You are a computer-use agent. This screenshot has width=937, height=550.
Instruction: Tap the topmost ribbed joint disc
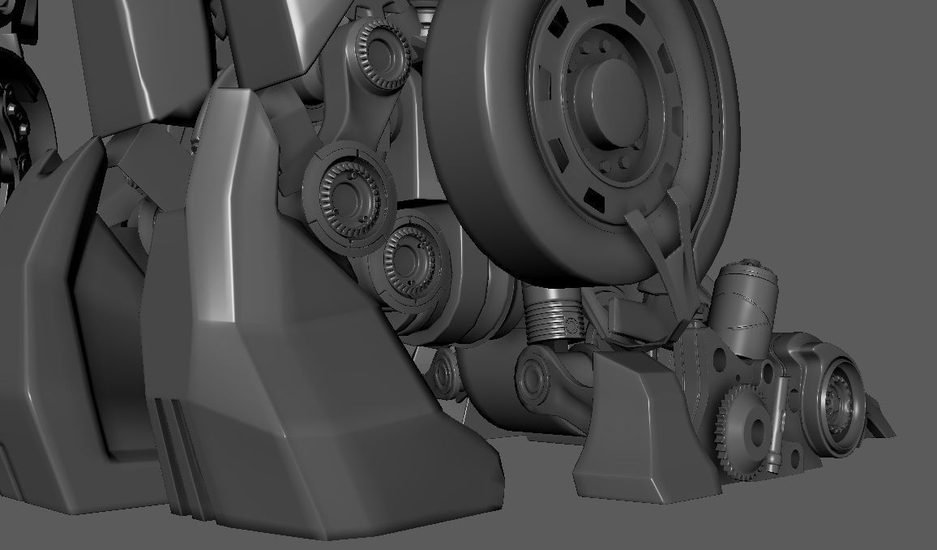(376, 49)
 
